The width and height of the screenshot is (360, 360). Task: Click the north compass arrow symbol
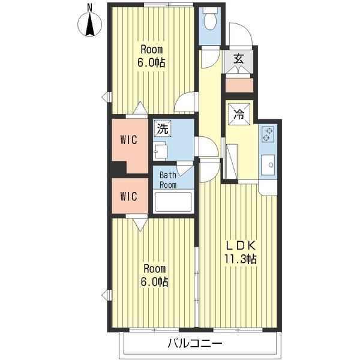point(90,25)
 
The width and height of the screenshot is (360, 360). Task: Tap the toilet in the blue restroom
point(210,19)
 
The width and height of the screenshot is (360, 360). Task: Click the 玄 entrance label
point(239,59)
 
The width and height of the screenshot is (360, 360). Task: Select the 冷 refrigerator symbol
point(239,114)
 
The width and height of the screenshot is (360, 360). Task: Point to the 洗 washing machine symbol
point(163,128)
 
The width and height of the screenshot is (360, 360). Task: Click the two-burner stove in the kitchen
point(268,134)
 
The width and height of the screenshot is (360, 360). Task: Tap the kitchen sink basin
point(268,165)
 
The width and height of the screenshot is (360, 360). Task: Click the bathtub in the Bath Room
point(173,202)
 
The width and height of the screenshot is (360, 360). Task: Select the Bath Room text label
point(168,180)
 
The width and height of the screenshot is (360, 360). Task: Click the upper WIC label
point(129,140)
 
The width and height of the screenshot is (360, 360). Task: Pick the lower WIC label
point(129,197)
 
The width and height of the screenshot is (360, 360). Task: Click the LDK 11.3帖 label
point(241,253)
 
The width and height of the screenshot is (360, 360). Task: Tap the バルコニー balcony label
point(195,344)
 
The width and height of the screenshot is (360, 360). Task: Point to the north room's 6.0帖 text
point(151,62)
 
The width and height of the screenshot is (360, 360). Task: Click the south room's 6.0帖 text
point(154,282)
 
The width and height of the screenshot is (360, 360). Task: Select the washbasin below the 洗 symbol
point(160,151)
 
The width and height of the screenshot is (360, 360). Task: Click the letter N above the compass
point(90,8)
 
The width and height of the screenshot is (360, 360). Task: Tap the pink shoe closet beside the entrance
point(239,85)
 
